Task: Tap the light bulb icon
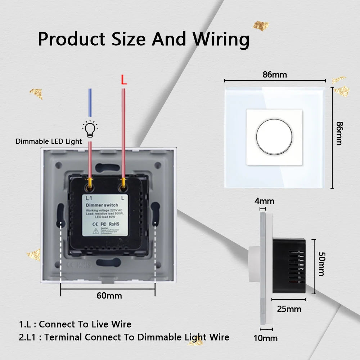(x=90, y=129)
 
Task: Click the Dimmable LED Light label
(x=49, y=141)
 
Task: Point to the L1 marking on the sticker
(x=89, y=198)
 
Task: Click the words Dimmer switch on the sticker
(x=102, y=205)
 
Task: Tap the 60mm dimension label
(x=109, y=296)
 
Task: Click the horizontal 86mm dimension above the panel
(x=275, y=75)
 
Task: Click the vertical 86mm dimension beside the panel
(x=339, y=133)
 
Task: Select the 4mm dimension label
(x=264, y=201)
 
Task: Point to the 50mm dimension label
(x=321, y=264)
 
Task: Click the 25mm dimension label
(x=289, y=309)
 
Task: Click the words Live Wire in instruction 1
(x=112, y=324)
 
